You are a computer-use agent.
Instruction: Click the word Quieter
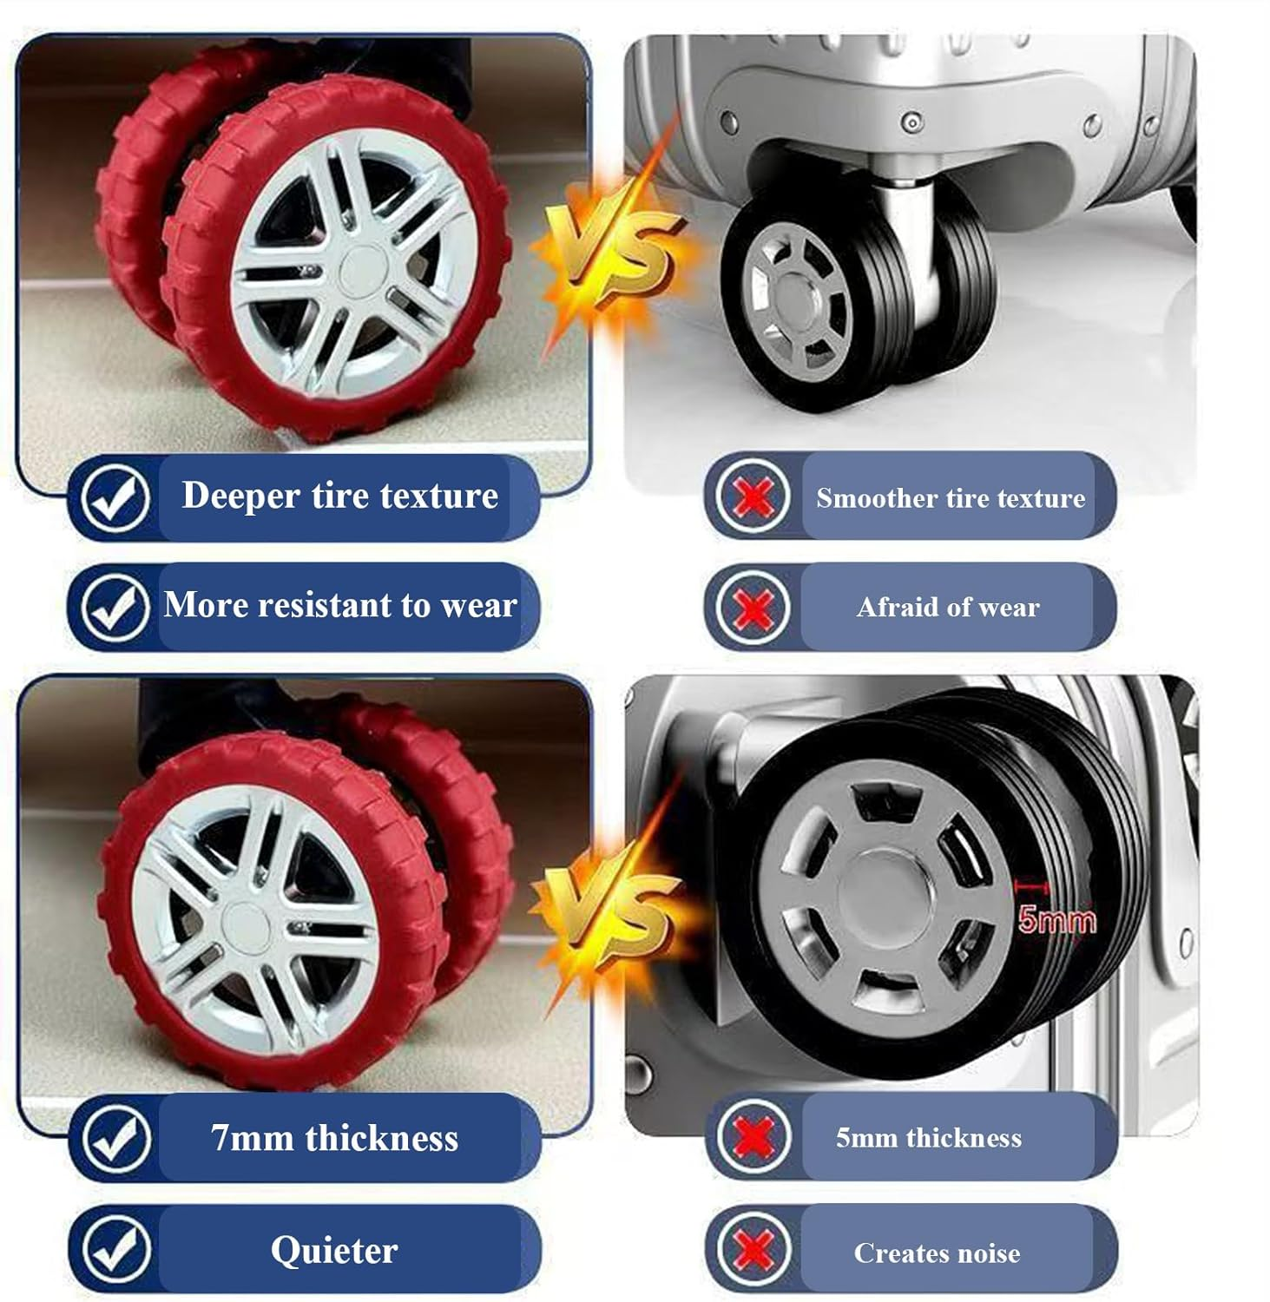point(334,1250)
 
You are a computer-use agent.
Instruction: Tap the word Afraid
point(889,607)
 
